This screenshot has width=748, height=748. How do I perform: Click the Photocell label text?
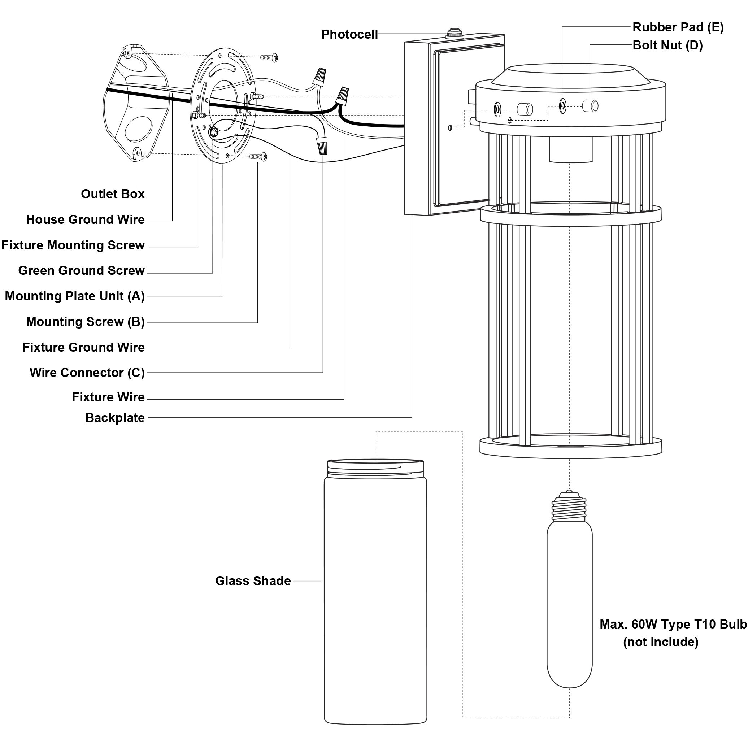pyautogui.click(x=349, y=34)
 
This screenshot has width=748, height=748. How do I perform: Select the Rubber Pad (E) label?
pyautogui.click(x=678, y=27)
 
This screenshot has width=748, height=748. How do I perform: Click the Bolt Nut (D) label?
pyautogui.click(x=667, y=45)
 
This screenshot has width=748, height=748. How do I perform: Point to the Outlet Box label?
pyautogui.click(x=113, y=193)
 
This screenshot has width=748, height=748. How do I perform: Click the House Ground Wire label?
pyautogui.click(x=85, y=219)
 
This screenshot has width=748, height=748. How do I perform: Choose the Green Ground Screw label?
pyautogui.click(x=81, y=270)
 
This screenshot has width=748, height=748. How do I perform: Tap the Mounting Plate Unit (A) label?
pyautogui.click(x=75, y=296)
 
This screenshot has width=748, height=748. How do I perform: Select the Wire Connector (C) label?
pyautogui.click(x=87, y=373)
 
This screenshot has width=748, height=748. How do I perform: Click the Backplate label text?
pyautogui.click(x=115, y=418)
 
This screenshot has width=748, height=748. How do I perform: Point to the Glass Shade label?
pyautogui.click(x=253, y=581)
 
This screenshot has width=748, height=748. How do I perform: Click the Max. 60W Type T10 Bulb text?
pyautogui.click(x=673, y=624)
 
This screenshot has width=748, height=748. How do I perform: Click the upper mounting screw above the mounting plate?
pyautogui.click(x=269, y=58)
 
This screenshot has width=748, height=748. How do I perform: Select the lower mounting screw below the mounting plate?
pyautogui.click(x=258, y=156)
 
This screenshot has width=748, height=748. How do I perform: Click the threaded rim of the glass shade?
pyautogui.click(x=375, y=466)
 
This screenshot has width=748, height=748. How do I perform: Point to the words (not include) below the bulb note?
pyautogui.click(x=661, y=642)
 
